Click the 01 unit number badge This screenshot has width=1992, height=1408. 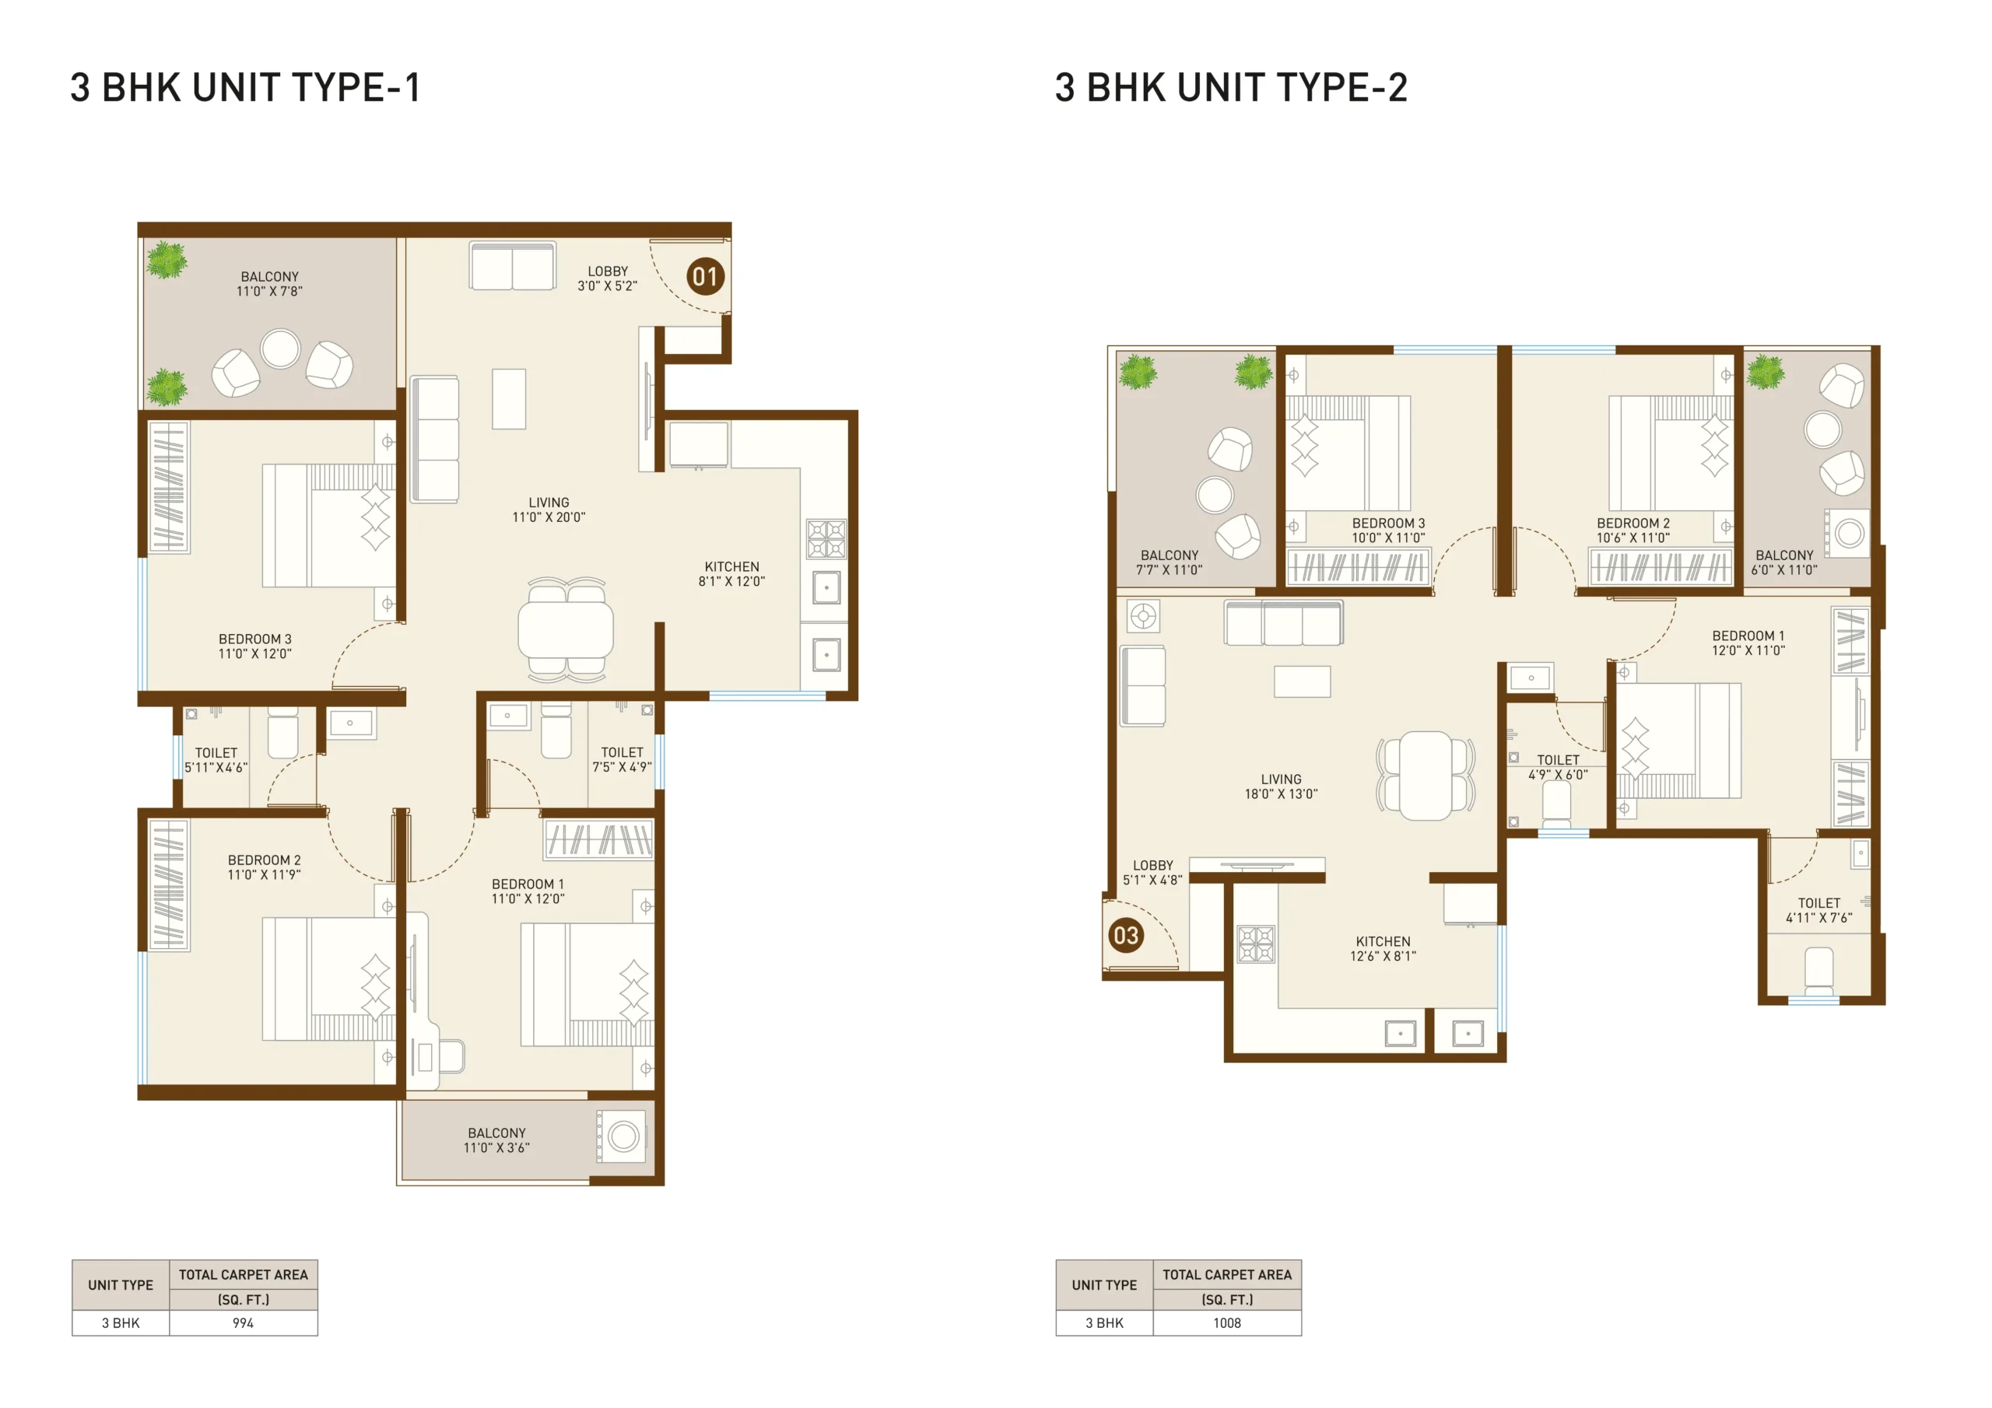(705, 277)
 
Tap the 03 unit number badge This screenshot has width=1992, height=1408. (1126, 935)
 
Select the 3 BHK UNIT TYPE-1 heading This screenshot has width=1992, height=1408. (246, 88)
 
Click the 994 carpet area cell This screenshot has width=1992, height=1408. (243, 1323)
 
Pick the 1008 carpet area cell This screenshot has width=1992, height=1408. (1227, 1323)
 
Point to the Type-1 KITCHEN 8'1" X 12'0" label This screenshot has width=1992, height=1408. (731, 574)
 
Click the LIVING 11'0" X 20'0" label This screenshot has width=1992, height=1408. (549, 510)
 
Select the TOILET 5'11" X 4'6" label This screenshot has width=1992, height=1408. (216, 760)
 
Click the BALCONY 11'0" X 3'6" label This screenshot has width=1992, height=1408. (496, 1140)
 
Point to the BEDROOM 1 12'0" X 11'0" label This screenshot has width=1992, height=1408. (1748, 643)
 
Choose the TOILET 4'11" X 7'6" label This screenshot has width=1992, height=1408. (1818, 910)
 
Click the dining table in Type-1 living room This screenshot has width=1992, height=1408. (566, 630)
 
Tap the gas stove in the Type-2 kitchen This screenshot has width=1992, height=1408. (1255, 944)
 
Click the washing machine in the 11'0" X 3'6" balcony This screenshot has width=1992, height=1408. (622, 1137)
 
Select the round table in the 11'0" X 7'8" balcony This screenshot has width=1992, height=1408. (280, 348)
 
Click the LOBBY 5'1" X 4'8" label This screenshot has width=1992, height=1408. (1152, 873)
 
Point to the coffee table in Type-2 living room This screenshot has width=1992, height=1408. (1303, 682)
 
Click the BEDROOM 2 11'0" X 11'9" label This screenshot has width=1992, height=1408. (264, 867)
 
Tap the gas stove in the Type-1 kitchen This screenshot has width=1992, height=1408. (826, 539)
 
